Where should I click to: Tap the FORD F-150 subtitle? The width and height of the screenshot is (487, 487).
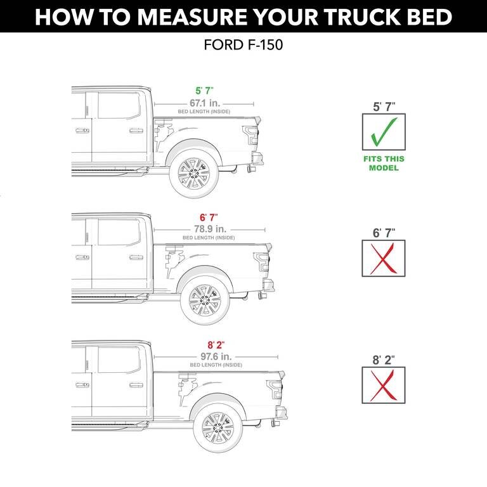tap(243, 46)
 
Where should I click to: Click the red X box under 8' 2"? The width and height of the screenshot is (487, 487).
tap(384, 385)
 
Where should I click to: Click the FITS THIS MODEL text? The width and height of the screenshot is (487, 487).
tap(384, 164)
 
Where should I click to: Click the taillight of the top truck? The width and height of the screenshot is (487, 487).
tap(252, 134)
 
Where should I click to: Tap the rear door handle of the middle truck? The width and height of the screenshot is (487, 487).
tap(136, 257)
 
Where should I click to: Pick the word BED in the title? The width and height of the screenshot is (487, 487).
tap(426, 17)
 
